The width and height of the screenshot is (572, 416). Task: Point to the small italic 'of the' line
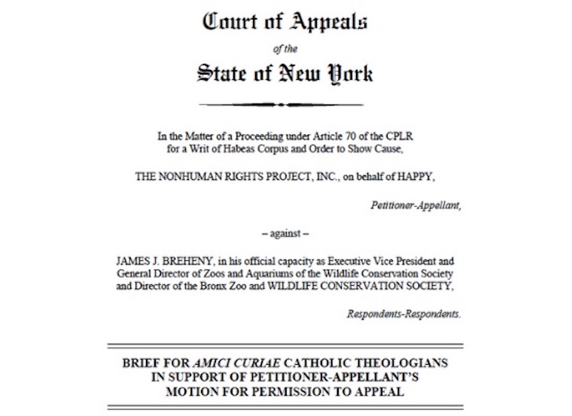pos(284,50)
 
